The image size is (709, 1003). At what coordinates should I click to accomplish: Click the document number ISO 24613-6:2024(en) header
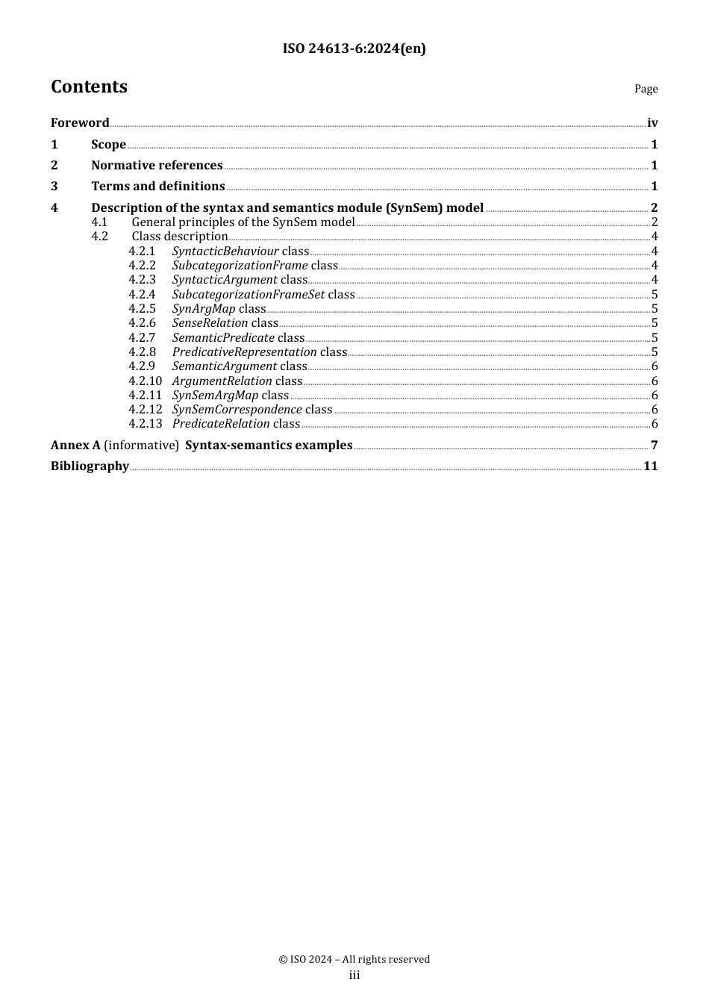[354, 49]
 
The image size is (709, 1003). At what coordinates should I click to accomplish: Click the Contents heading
[89, 87]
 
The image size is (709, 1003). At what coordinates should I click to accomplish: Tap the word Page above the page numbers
[646, 89]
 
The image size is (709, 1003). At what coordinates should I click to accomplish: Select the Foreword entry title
[80, 123]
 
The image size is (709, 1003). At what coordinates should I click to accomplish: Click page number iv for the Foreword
[652, 123]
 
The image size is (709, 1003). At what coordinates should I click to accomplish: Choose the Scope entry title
[108, 145]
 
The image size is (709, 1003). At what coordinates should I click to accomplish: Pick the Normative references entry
[157, 166]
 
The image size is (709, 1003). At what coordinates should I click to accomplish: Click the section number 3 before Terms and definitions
[54, 187]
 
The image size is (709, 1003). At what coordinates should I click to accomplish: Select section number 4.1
[99, 222]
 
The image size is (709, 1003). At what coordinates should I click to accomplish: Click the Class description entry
[179, 237]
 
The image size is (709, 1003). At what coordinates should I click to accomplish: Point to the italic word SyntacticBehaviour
[225, 251]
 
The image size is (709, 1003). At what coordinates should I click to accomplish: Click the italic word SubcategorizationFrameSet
[249, 295]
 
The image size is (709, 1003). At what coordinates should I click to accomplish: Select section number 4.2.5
[142, 309]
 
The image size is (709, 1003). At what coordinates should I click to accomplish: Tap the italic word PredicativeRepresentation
[245, 352]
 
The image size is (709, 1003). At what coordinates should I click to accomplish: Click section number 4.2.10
[145, 381]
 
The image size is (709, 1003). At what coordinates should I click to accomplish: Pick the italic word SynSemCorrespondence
[237, 410]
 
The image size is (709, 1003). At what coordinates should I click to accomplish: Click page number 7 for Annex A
[654, 446]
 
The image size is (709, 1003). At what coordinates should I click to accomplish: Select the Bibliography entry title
[90, 466]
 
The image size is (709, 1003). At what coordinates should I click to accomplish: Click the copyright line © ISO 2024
[354, 960]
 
